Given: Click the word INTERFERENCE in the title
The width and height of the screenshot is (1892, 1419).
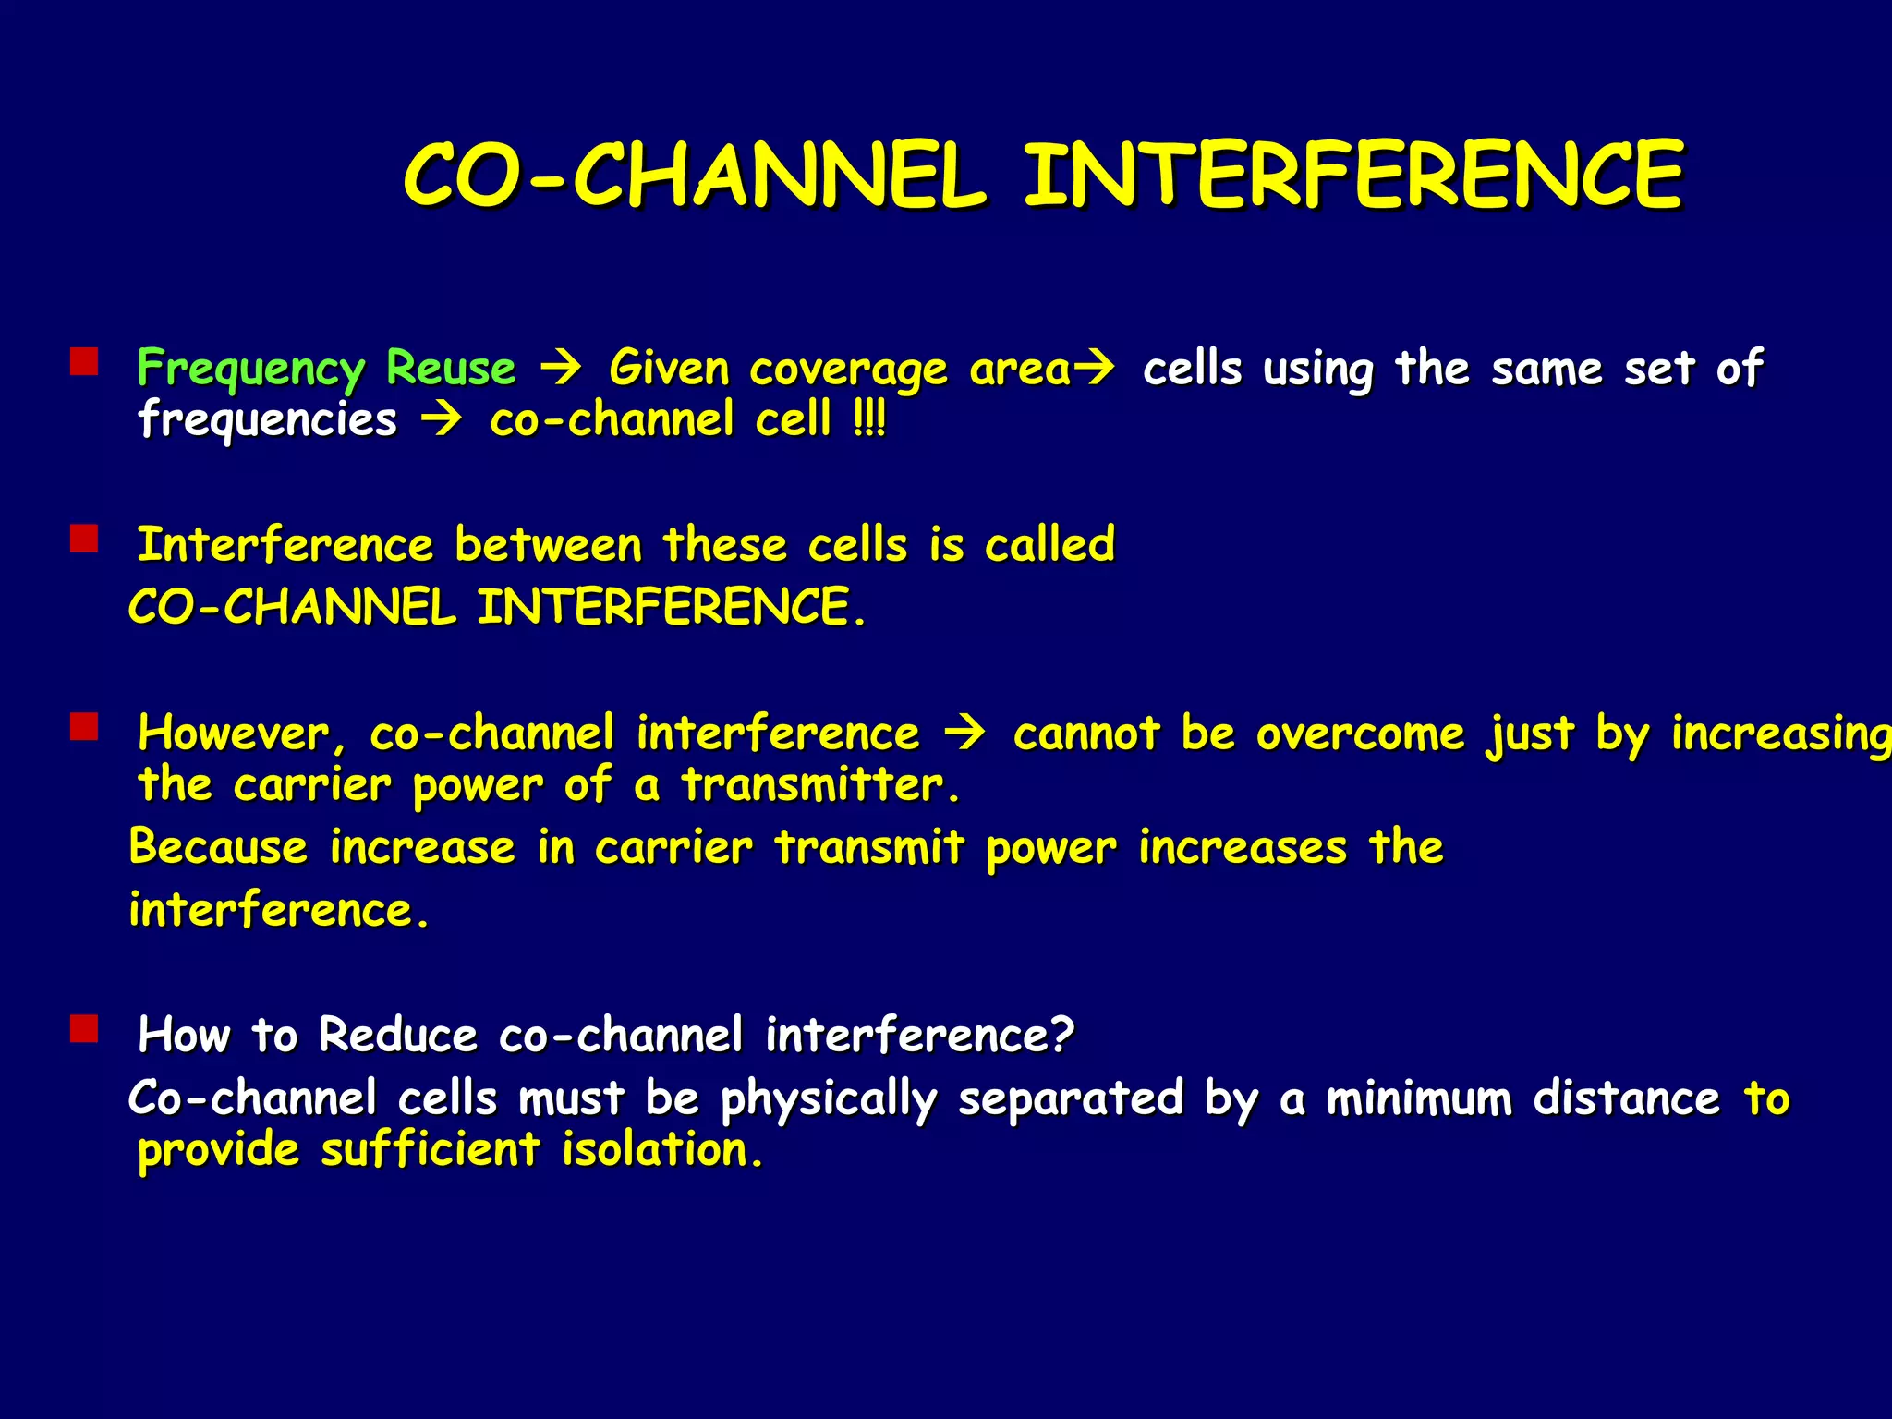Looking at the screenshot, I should [x=1352, y=175].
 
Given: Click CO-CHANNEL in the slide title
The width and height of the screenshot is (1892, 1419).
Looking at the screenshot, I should [x=693, y=175].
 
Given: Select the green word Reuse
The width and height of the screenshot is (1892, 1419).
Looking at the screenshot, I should [x=451, y=368].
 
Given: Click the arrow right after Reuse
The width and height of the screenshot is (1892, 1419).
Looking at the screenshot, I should [x=561, y=369].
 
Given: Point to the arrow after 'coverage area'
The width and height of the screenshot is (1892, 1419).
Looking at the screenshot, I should [x=1095, y=369].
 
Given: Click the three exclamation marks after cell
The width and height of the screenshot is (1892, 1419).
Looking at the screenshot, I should [x=869, y=420].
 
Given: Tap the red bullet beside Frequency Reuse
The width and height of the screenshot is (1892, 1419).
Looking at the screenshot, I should [x=84, y=361].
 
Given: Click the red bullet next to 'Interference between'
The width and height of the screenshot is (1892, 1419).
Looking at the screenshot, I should [x=84, y=539].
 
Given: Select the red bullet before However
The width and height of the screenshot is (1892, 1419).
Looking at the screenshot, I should [x=84, y=728].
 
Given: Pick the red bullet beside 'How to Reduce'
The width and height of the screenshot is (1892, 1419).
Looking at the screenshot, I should [x=84, y=1028].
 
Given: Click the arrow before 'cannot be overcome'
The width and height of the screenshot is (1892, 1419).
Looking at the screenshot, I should [x=965, y=734].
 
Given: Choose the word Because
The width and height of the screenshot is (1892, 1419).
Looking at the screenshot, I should [x=218, y=847].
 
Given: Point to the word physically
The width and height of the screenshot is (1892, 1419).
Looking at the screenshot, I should [x=828, y=1100].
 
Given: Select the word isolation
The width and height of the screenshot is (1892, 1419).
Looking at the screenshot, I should [x=661, y=1151].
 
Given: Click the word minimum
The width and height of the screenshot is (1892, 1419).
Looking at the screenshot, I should [x=1419, y=1098].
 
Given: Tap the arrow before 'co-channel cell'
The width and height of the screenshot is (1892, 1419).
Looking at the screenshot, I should [x=442, y=420].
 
